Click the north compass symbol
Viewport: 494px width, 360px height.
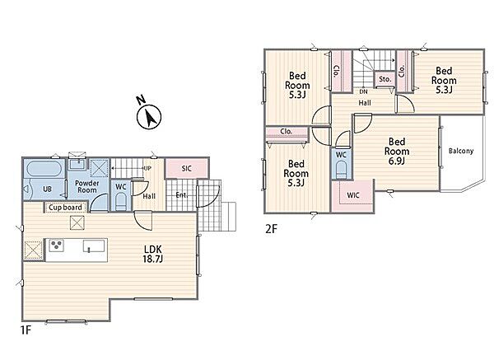(x=149, y=117)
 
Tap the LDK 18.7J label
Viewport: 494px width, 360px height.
(x=153, y=254)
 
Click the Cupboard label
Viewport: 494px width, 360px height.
(x=65, y=208)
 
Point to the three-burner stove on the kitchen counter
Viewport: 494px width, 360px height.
(x=56, y=245)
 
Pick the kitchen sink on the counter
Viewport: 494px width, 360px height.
(x=94, y=246)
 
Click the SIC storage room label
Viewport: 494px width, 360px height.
(x=187, y=169)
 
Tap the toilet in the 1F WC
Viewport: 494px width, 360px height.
(x=121, y=202)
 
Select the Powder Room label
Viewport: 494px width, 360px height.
(x=87, y=187)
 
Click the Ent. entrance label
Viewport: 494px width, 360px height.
(x=182, y=195)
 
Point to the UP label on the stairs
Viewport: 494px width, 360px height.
(x=147, y=168)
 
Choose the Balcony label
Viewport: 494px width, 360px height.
(x=461, y=151)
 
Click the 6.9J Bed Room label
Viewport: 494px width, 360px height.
(x=397, y=152)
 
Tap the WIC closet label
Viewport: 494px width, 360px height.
(x=353, y=195)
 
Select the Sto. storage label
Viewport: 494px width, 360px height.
(x=385, y=79)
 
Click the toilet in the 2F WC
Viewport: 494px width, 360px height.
(x=341, y=170)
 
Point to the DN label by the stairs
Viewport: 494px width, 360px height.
(x=364, y=91)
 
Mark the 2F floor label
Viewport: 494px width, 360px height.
(x=271, y=229)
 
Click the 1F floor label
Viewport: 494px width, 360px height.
(x=26, y=330)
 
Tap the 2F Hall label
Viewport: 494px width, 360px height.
(x=365, y=103)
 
